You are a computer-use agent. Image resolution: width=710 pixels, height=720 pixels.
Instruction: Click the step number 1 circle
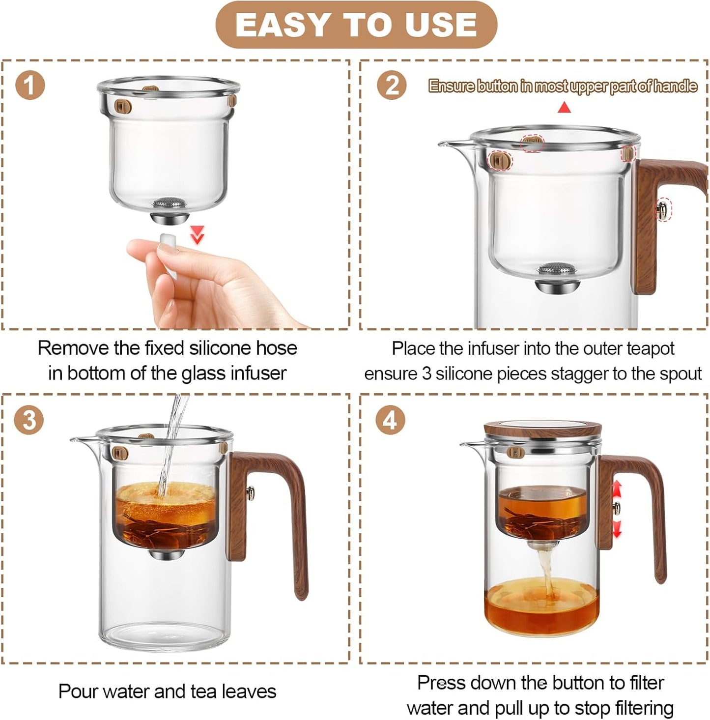point(29,86)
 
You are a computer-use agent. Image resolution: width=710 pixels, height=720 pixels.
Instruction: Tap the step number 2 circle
point(392,86)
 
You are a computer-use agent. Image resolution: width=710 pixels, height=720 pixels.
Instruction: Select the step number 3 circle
point(29,421)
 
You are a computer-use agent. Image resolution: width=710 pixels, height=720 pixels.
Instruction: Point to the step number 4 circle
point(390,421)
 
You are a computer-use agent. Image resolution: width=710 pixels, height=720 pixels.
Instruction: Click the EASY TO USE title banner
point(356,25)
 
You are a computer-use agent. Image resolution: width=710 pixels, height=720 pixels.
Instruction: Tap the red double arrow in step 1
point(198,235)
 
